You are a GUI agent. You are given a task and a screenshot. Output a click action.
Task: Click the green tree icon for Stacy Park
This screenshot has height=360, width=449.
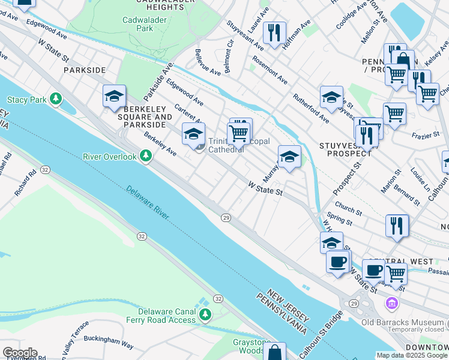click(56, 97)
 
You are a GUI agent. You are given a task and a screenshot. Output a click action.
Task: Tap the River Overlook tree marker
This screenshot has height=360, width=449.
click(145, 156)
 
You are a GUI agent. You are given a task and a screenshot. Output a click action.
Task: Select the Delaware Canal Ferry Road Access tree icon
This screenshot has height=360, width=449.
click(205, 314)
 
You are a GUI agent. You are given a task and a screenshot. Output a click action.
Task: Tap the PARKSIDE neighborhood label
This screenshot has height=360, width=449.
click(85, 70)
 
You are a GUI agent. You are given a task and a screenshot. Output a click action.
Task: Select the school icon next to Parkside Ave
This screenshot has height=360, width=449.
click(114, 96)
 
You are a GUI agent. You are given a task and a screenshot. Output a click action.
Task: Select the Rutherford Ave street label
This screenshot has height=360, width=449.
click(310, 107)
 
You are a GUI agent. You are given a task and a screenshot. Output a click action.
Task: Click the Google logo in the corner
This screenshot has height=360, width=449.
click(20, 353)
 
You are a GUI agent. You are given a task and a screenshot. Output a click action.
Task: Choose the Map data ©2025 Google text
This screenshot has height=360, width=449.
click(411, 355)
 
